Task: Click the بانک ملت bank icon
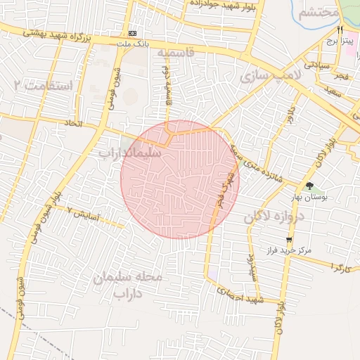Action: point(133,33)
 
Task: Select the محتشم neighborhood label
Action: point(313,13)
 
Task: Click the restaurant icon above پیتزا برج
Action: point(340,30)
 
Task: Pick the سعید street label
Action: point(333,91)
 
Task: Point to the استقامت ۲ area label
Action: point(44,86)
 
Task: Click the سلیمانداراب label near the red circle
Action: point(130,152)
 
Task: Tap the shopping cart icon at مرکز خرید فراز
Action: point(289,240)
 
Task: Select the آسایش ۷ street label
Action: point(84,211)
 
